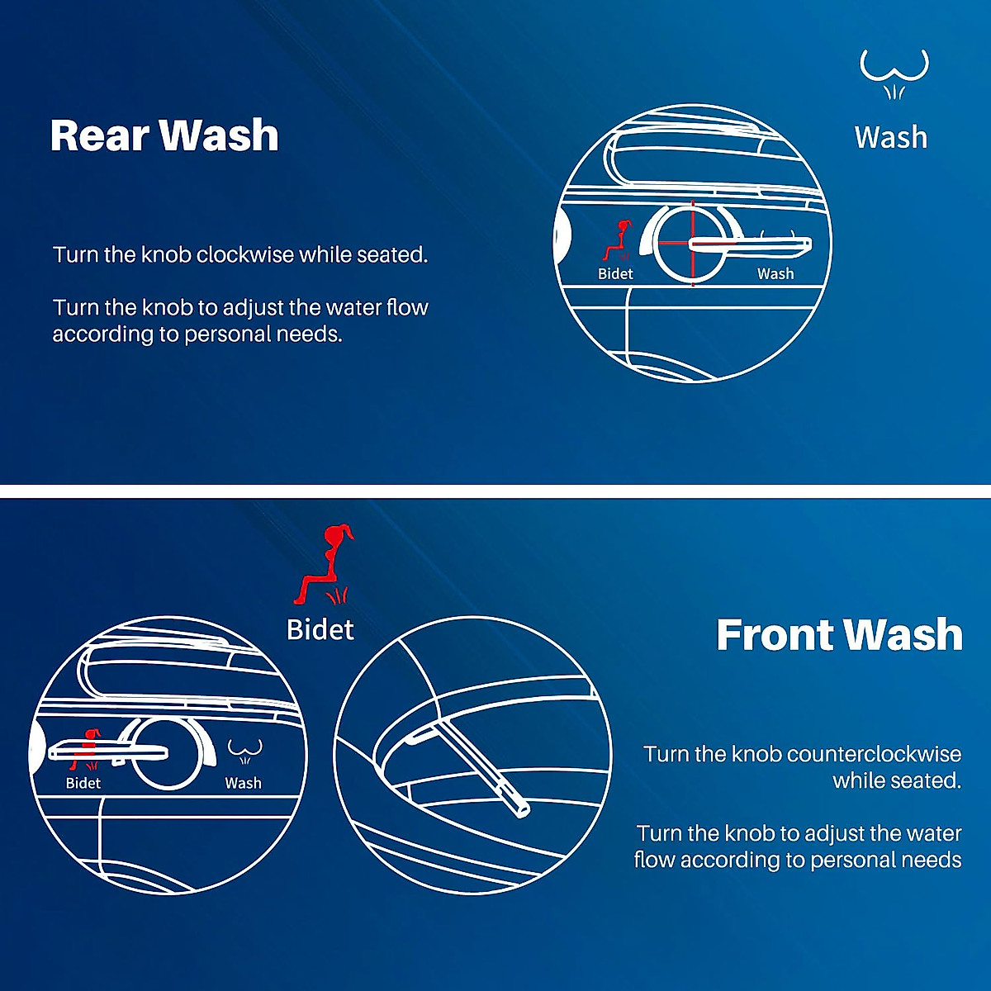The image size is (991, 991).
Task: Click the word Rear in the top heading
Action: (100, 135)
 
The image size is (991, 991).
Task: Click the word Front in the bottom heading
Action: (774, 635)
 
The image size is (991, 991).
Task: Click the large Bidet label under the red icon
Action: (320, 630)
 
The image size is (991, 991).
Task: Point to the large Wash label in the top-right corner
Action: (891, 137)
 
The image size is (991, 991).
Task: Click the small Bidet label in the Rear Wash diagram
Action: (615, 274)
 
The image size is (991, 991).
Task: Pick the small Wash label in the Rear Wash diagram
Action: (775, 274)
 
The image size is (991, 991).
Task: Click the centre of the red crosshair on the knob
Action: (692, 242)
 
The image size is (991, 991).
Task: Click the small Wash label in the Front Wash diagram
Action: (243, 783)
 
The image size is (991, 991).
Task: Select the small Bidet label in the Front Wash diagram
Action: (83, 783)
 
